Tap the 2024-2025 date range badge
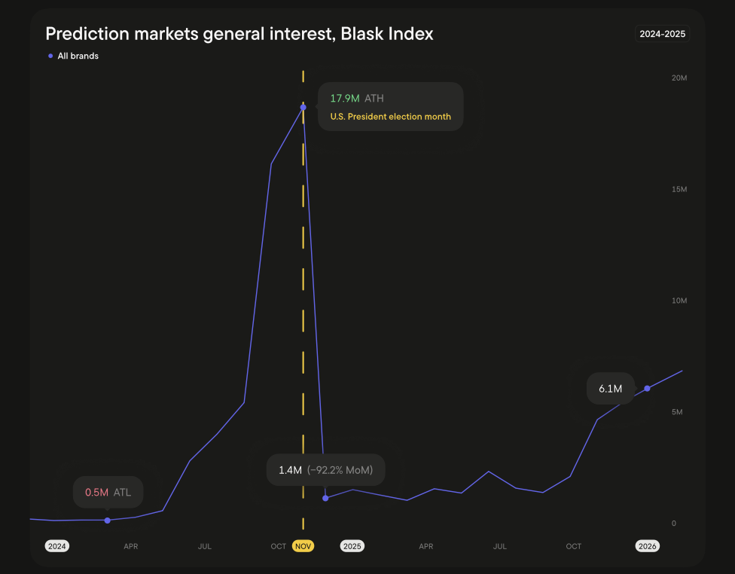point(660,34)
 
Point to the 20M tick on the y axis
point(679,78)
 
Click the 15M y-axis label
point(679,189)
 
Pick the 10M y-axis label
point(679,301)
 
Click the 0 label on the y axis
point(673,524)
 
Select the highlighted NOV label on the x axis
point(303,546)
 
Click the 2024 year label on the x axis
point(57,546)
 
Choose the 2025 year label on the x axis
point(352,546)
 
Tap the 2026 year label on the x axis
point(648,546)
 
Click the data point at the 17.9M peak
point(303,107)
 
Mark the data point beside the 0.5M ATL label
point(107,521)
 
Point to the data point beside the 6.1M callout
point(647,388)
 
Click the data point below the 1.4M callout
point(325,498)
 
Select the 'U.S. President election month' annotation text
point(390,117)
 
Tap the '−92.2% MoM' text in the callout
point(340,470)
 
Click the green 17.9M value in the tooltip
point(344,98)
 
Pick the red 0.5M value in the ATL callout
point(96,493)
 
